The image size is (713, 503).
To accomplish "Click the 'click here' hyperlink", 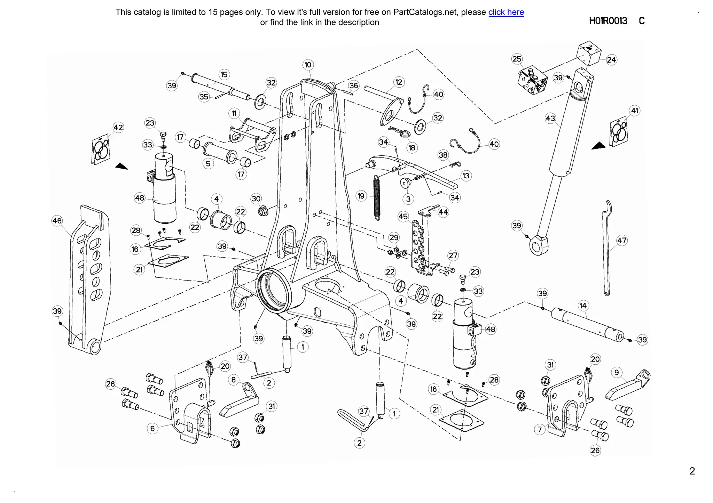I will (x=506, y=12).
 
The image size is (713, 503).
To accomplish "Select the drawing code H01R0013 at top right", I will (x=608, y=21).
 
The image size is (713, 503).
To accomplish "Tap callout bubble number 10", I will (x=308, y=65).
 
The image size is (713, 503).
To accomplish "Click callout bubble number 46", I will (x=57, y=221).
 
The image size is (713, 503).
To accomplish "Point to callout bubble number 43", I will (x=550, y=119).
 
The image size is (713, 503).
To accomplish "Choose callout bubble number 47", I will (x=622, y=240).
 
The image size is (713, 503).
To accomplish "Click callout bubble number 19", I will (x=361, y=196).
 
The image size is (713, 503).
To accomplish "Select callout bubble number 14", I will (x=583, y=306).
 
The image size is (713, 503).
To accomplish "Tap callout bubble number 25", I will (x=517, y=59).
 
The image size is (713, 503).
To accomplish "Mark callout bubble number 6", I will (x=152, y=429).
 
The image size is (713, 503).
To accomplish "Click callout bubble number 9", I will (x=617, y=373).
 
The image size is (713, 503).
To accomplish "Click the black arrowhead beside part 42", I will (x=122, y=167).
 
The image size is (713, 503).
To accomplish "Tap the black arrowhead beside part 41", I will (x=598, y=146).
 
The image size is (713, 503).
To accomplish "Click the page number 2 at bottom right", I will (x=692, y=471).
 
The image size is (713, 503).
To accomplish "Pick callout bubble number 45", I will (x=403, y=217).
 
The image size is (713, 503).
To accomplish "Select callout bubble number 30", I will (x=256, y=199).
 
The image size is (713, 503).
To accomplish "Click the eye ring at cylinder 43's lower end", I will (x=538, y=245).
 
